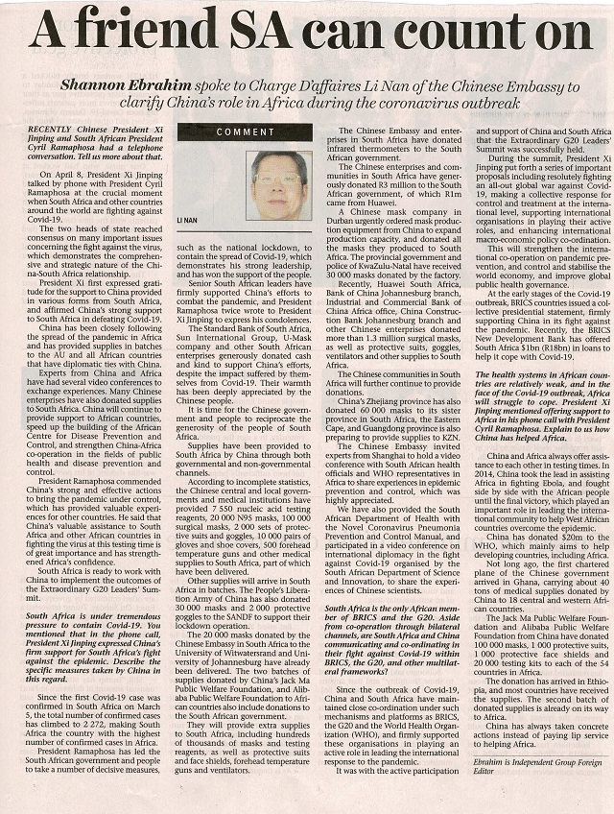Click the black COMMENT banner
[245, 132]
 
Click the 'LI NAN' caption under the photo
[186, 222]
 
